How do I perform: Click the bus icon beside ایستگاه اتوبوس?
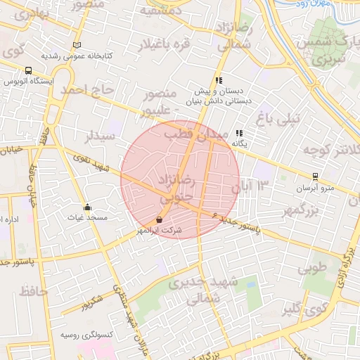pos(28,70)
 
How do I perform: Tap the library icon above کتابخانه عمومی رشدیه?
pos(77,45)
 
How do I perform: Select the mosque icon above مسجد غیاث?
pos(87,207)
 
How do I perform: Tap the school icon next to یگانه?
pos(239,133)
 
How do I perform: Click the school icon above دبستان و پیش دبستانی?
pos(219,80)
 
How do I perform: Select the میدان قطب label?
pos(196,133)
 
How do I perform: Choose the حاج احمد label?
pos(86,90)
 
